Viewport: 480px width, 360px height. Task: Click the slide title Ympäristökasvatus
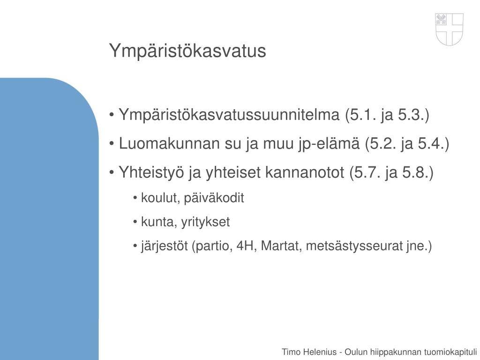tap(187, 51)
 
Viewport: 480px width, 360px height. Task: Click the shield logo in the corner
tap(449, 29)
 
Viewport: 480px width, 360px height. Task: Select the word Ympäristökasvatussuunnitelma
tap(230, 115)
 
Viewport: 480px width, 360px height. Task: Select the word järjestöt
tap(165, 246)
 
